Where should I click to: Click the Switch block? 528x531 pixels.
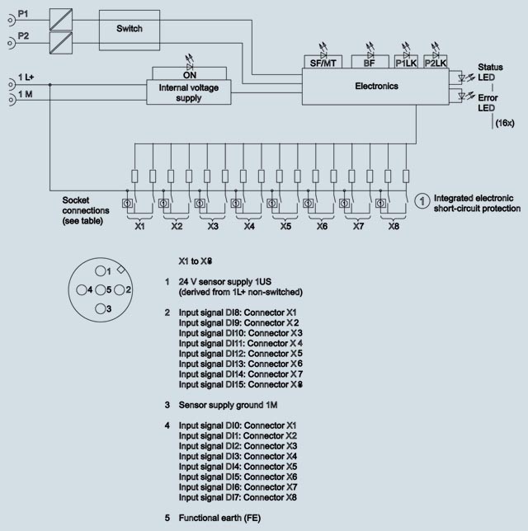[130, 29]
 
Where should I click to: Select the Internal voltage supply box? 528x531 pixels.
[190, 92]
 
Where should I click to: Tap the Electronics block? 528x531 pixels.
[376, 86]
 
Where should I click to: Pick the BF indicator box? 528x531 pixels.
[370, 62]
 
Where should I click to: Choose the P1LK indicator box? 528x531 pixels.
[407, 62]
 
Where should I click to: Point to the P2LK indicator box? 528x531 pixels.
[436, 62]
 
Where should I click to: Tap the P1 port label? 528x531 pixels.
[24, 16]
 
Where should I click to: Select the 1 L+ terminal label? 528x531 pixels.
[27, 78]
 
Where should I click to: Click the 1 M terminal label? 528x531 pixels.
[26, 96]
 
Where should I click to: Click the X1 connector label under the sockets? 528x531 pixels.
[140, 225]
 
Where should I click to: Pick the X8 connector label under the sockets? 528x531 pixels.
[394, 225]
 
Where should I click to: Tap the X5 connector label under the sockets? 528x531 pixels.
[285, 225]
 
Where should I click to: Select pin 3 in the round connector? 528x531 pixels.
[101, 308]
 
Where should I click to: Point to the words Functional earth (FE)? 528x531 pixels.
[220, 518]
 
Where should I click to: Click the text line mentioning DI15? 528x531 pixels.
[238, 384]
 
